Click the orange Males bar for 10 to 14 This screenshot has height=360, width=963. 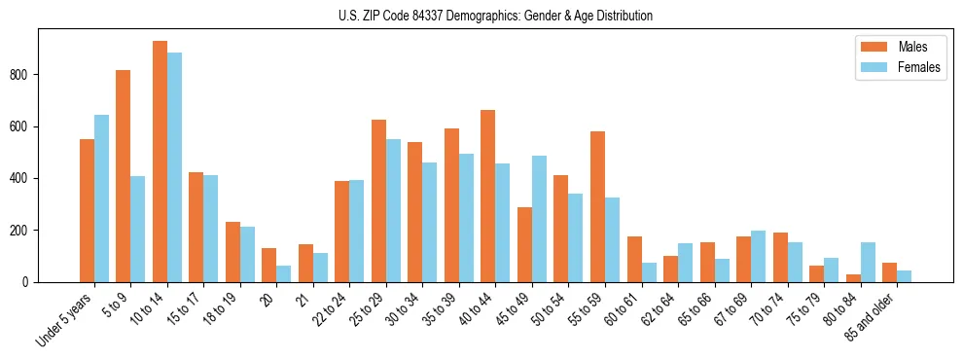point(160,162)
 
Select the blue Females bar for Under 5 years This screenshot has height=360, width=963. point(101,198)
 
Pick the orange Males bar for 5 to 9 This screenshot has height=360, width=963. point(124,176)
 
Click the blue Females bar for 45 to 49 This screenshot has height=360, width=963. point(539,219)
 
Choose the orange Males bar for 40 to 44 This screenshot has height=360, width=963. point(488,196)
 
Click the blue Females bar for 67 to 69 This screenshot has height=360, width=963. point(758,256)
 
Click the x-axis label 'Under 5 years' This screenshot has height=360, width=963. point(64,319)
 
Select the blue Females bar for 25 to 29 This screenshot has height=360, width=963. point(393,210)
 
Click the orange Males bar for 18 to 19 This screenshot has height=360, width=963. point(232,252)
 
